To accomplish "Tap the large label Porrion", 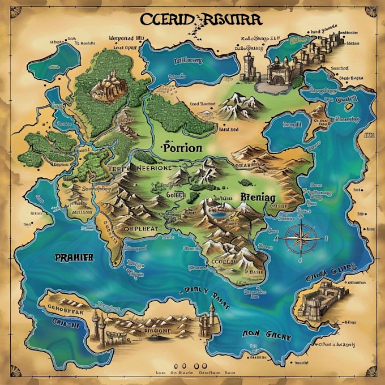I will click(181, 148).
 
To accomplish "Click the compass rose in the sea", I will click(299, 237).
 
